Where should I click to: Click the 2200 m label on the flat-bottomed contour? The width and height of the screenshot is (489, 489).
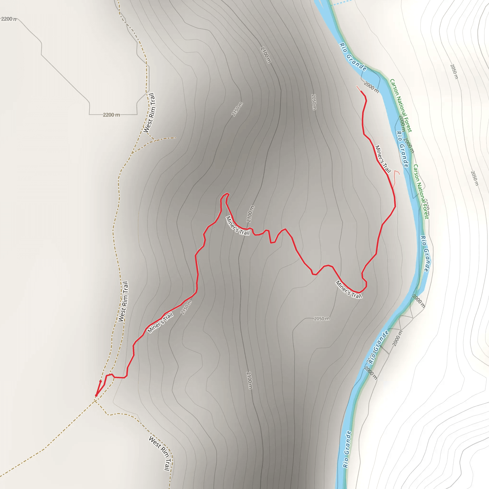pos(111,115)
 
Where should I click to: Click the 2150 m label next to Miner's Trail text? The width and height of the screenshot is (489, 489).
pos(186,308)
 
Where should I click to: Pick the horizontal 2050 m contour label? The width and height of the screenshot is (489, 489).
pos(322,319)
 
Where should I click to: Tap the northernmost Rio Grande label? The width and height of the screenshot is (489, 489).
pos(353,57)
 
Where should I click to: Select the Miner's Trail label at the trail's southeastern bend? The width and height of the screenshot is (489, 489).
pos(349,290)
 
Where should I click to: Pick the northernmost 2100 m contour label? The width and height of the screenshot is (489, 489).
pos(266,55)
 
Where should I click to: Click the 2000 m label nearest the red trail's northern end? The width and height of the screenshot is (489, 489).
pos(371,87)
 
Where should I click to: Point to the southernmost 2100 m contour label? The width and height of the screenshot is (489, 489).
pos(249,380)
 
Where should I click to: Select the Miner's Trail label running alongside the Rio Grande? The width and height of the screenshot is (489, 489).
pos(383,159)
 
